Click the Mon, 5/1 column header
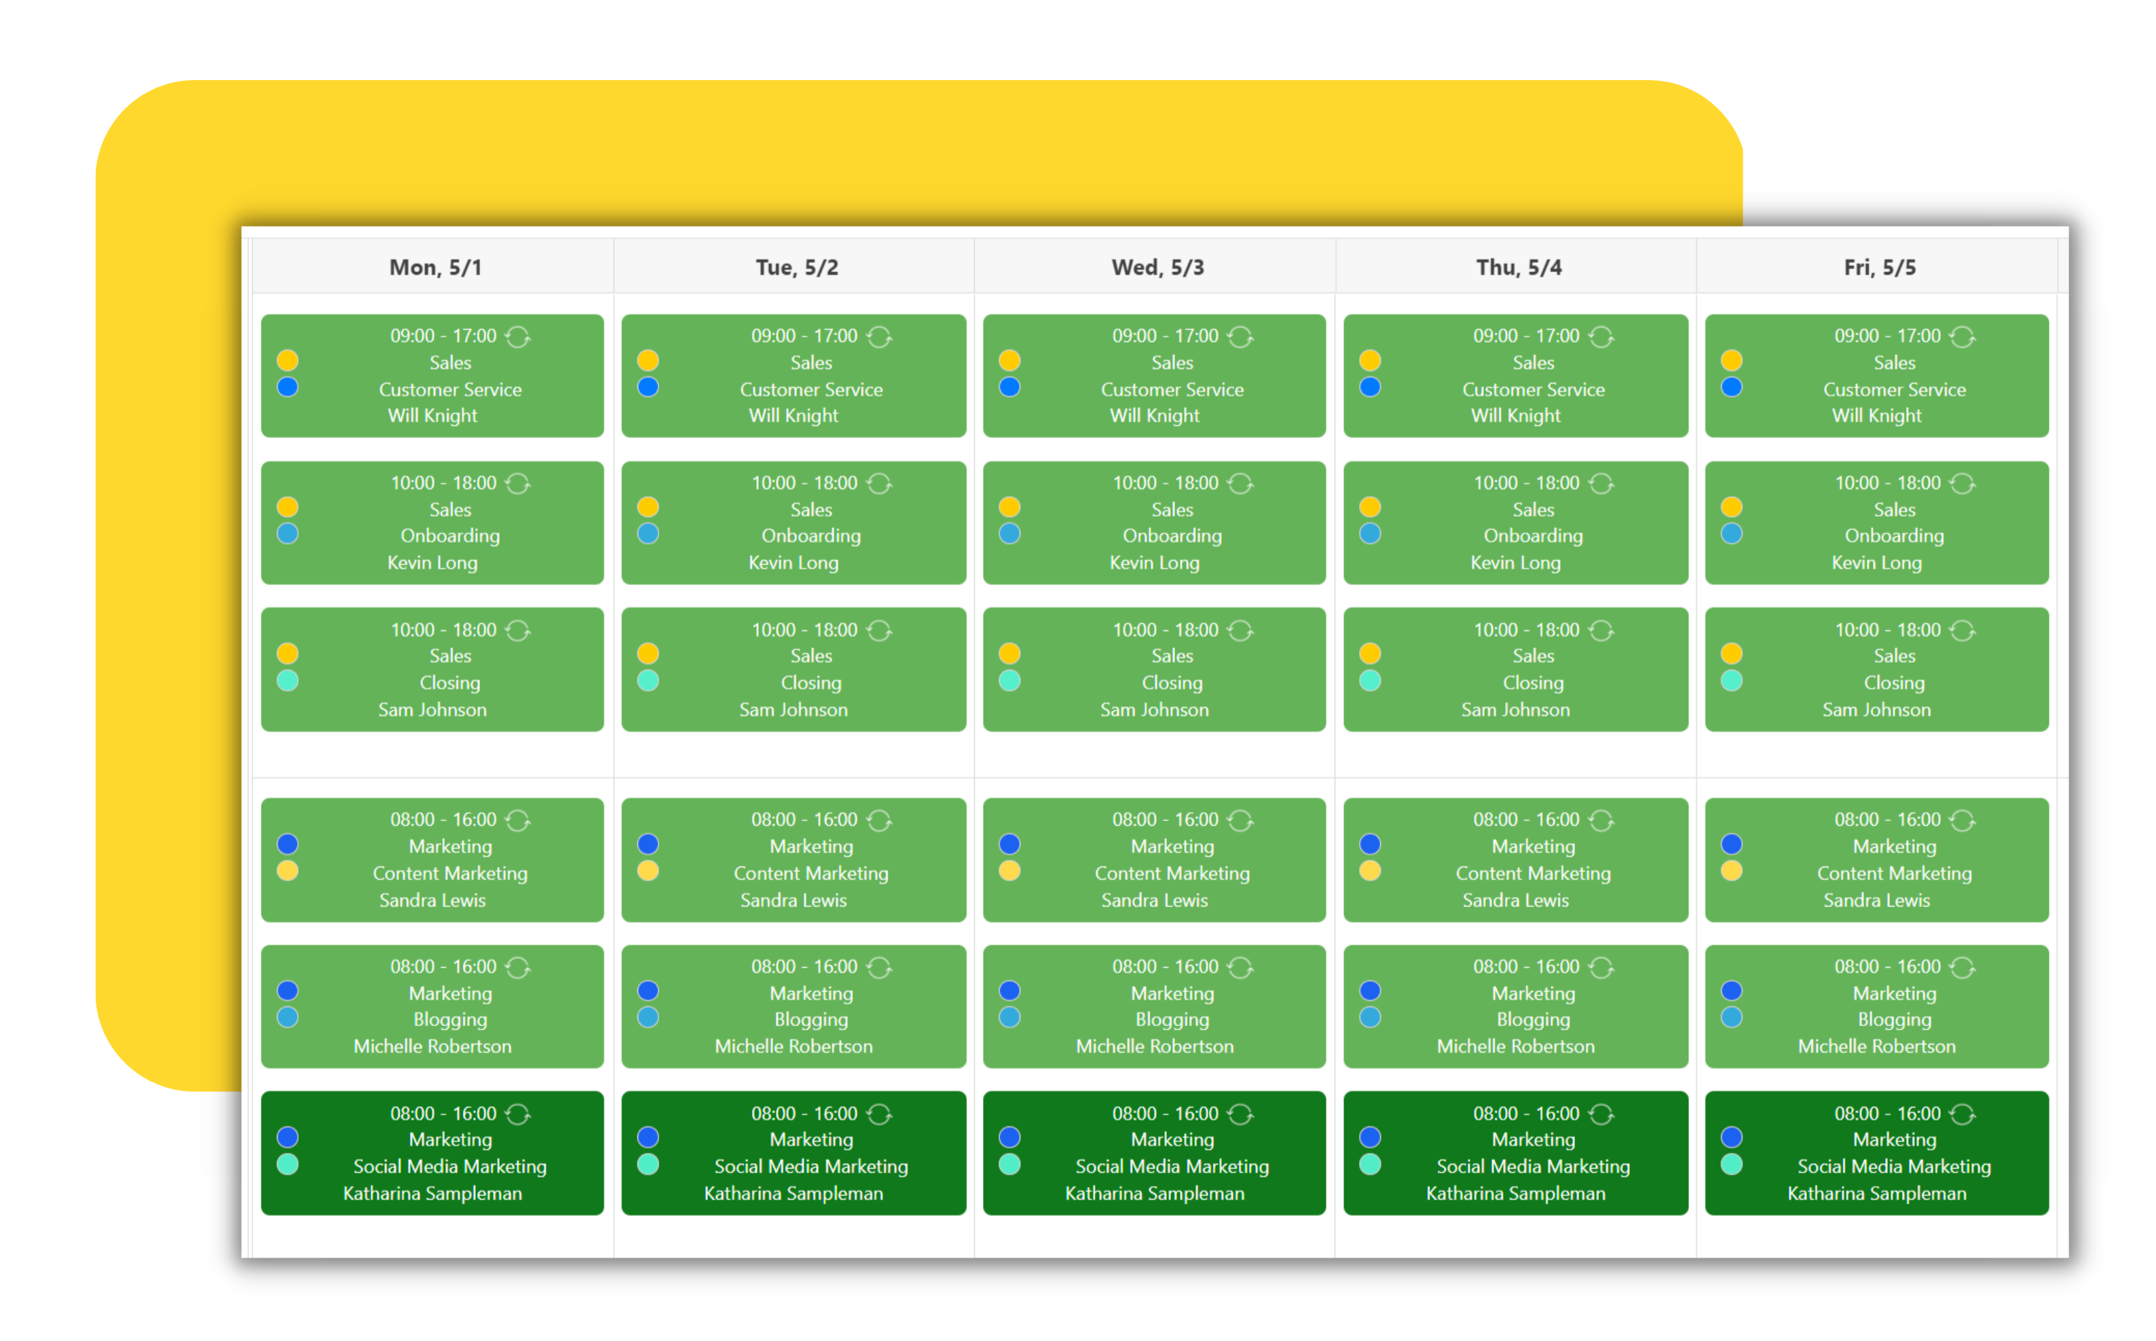(434, 267)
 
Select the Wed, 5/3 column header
(1157, 267)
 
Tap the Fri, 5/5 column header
(1879, 267)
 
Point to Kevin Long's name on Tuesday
(793, 563)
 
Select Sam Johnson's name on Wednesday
(1154, 710)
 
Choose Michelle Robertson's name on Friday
(1876, 1046)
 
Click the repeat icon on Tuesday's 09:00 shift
(879, 337)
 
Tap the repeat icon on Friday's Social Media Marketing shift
(1963, 1114)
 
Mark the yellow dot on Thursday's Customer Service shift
(1370, 360)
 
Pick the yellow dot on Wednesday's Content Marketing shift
(1009, 871)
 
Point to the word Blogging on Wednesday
(1172, 1019)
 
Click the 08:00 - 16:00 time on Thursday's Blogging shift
(1525, 966)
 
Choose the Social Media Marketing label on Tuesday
(811, 1167)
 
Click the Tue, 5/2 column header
(796, 267)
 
